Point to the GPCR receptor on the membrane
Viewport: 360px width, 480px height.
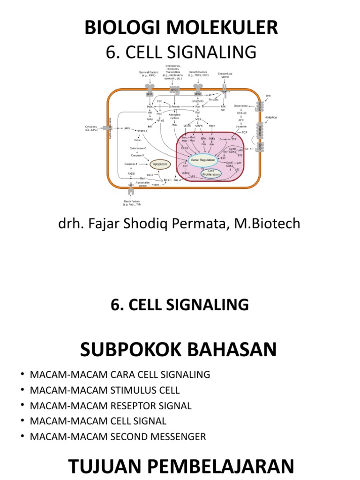coord(174,90)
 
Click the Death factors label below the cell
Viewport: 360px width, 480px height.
coord(132,202)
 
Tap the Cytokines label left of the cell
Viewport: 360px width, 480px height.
coord(91,128)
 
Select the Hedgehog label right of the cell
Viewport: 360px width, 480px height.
coord(271,117)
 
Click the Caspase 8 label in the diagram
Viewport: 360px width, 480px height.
coord(131,164)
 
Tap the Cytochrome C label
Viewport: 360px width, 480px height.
coord(138,148)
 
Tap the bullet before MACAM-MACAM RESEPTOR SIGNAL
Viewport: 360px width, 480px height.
coord(22,406)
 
